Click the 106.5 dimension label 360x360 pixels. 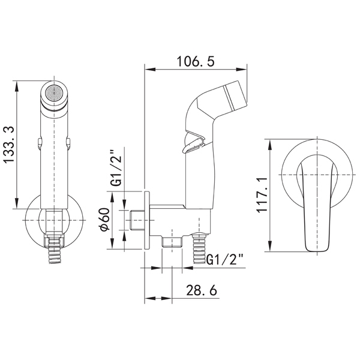pos(196,61)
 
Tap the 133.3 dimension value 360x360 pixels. pos(10,145)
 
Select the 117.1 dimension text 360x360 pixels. pos(262,194)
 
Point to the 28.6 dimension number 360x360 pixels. pos(202,290)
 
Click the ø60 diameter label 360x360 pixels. pos(104,219)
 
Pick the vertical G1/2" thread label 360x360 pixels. pos(117,168)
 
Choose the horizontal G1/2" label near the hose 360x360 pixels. pos(225,259)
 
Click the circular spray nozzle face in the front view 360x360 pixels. pos(54,93)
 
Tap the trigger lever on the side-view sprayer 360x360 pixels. pos(193,143)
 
